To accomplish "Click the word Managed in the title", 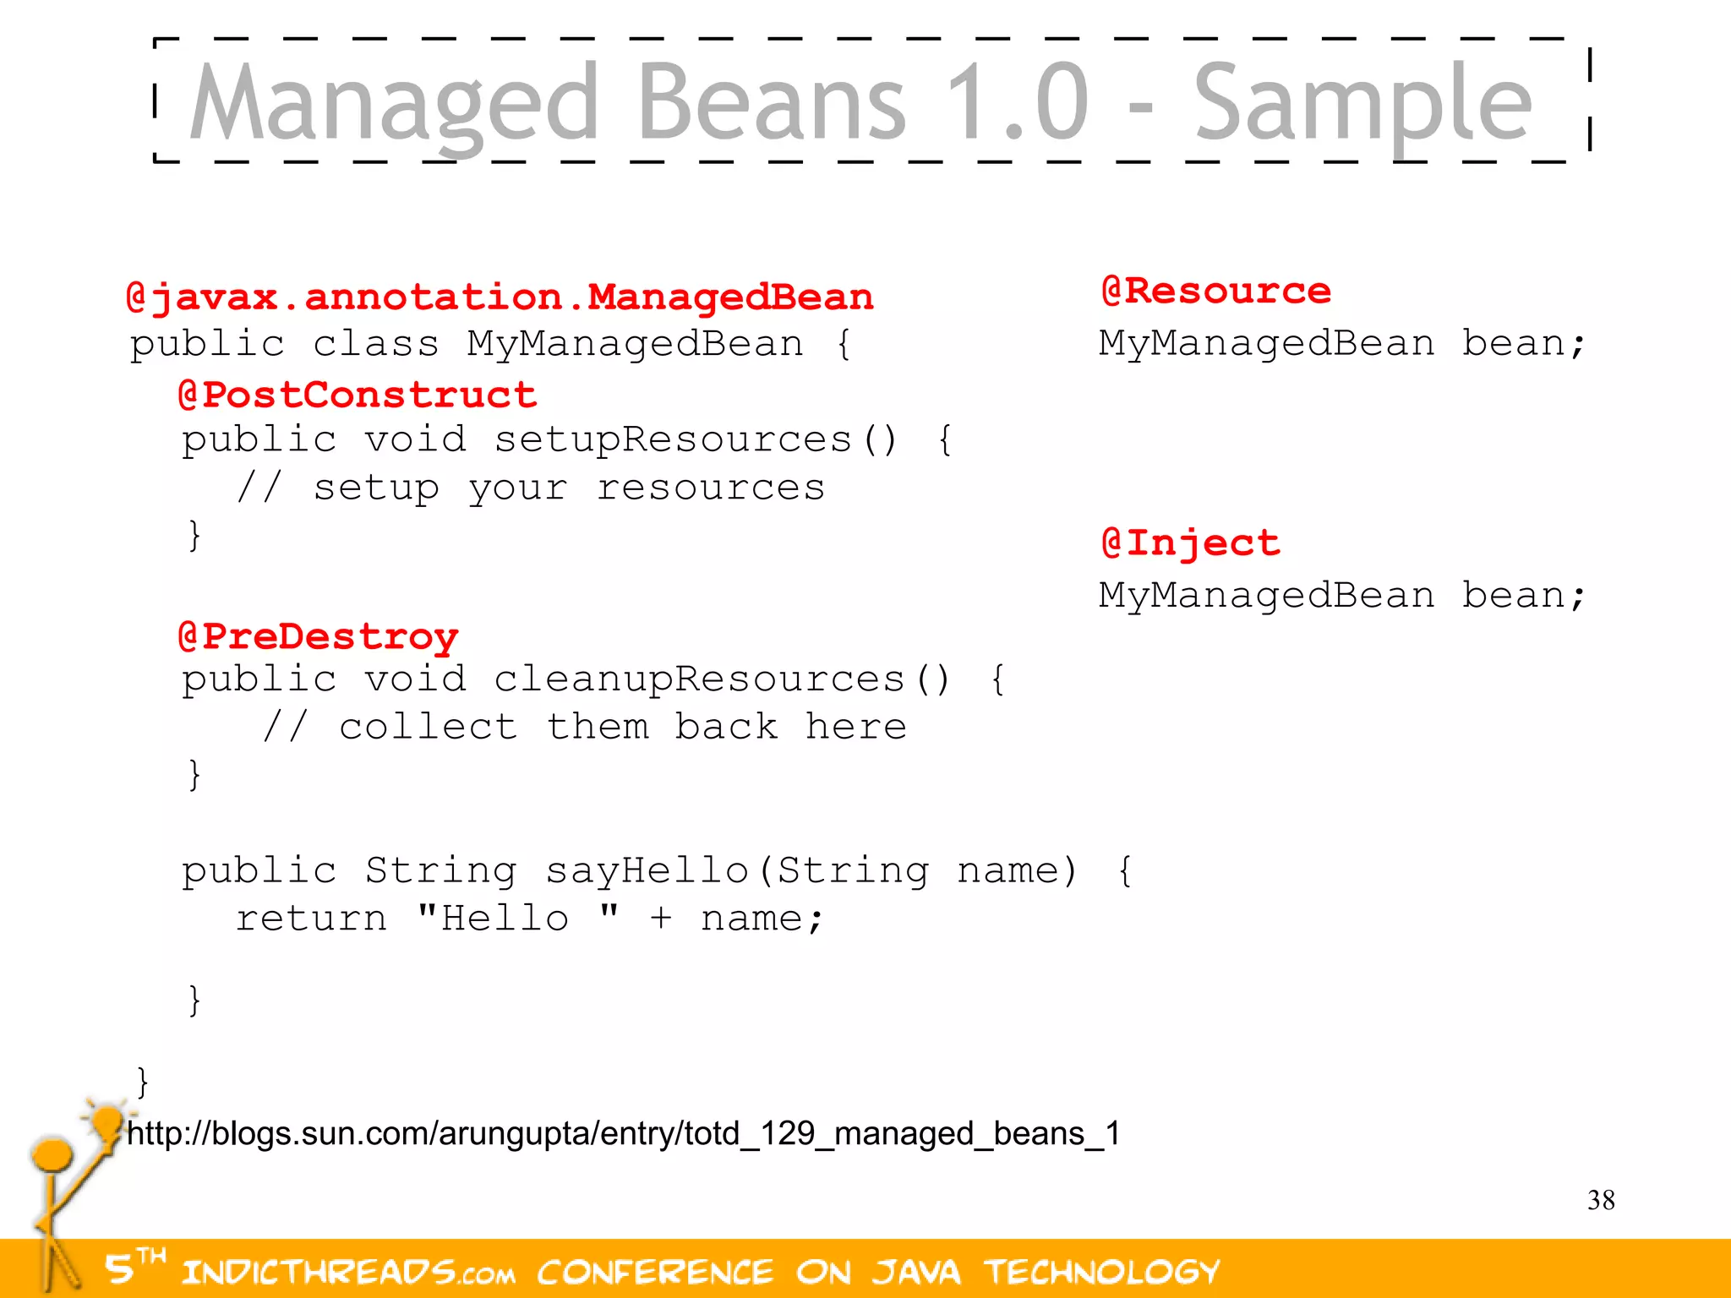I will click(393, 103).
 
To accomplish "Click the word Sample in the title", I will click(1362, 103).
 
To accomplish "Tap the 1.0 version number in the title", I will click(1017, 103).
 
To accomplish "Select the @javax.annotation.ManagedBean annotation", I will click(499, 297).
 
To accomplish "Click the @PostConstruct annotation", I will click(358, 395).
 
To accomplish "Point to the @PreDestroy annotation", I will click(318, 636).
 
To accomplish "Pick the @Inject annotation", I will click(1190, 543).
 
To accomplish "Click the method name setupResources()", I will click(694, 440).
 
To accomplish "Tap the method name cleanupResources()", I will click(721, 679).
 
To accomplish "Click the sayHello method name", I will click(647, 870).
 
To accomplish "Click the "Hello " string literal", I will click(517, 919).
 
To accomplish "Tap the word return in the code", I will click(311, 919).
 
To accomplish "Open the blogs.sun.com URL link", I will click(623, 1133).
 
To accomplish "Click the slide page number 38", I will click(1600, 1200).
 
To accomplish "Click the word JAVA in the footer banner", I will click(916, 1272).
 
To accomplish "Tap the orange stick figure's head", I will click(52, 1153).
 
